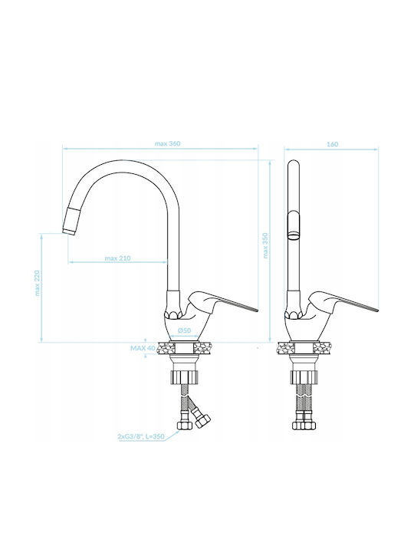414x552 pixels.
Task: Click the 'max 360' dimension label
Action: click(168, 143)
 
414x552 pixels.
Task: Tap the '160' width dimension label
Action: click(332, 144)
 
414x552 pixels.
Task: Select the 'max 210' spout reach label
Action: click(117, 258)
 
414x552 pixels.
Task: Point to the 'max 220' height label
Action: click(38, 283)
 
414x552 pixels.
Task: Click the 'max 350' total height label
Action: click(266, 246)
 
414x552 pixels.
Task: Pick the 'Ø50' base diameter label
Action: click(185, 330)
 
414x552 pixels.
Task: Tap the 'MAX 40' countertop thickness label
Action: click(143, 348)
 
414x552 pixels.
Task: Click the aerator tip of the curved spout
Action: click(70, 231)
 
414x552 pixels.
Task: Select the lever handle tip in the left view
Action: click(257, 310)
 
